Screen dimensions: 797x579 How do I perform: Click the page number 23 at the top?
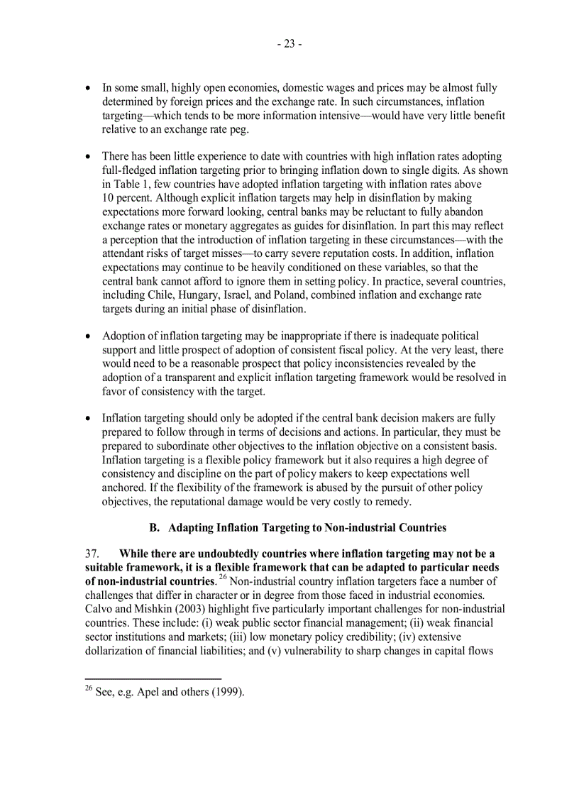point(289,44)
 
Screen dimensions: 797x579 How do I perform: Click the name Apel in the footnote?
point(150,693)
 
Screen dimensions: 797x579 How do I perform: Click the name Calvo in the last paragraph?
point(99,609)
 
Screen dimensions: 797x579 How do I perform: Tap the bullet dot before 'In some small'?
point(88,89)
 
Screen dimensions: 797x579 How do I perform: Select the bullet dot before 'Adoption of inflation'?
point(88,336)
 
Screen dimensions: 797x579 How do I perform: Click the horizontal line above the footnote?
point(153,678)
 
